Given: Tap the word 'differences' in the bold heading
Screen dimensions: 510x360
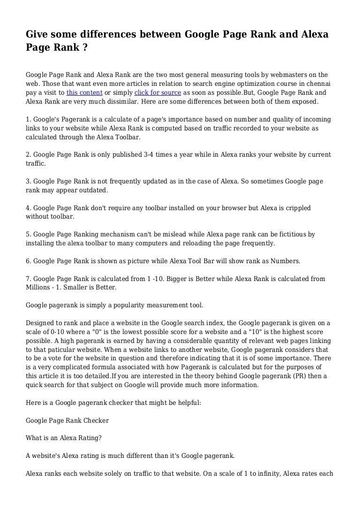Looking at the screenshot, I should pyautogui.click(x=113, y=35).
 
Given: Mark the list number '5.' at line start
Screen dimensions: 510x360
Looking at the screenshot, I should pyautogui.click(x=29, y=235).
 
